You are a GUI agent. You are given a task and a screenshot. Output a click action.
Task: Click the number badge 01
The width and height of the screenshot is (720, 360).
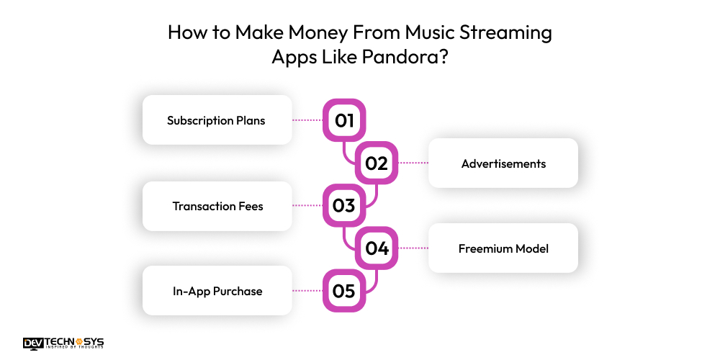pyautogui.click(x=344, y=120)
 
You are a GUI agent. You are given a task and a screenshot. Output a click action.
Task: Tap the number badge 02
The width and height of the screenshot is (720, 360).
pyautogui.click(x=376, y=163)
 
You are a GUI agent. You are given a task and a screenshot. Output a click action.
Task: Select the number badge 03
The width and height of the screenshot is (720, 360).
pyautogui.click(x=344, y=206)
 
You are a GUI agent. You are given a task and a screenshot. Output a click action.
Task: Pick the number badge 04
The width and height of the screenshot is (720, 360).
pyautogui.click(x=376, y=249)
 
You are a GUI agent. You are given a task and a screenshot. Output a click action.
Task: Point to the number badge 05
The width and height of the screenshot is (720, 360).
pyautogui.click(x=344, y=292)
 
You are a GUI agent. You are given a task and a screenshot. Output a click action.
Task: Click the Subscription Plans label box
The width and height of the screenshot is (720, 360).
pyautogui.click(x=217, y=120)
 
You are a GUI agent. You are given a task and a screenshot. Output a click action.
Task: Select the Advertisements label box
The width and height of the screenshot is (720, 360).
pyautogui.click(x=503, y=163)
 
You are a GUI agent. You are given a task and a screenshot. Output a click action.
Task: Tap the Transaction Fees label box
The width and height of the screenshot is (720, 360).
pyautogui.click(x=217, y=206)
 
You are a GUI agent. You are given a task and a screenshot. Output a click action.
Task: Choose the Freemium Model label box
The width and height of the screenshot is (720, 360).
pyautogui.click(x=503, y=248)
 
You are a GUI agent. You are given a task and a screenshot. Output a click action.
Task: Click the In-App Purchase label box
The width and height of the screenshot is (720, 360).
pyautogui.click(x=217, y=291)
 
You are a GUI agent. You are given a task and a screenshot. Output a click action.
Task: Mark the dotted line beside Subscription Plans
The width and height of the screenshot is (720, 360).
pyautogui.click(x=307, y=120)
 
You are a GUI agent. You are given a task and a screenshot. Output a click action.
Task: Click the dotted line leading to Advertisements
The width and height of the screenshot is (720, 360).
pyautogui.click(x=413, y=163)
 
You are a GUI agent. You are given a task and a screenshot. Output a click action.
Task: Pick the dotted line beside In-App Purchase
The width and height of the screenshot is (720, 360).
pyautogui.click(x=307, y=292)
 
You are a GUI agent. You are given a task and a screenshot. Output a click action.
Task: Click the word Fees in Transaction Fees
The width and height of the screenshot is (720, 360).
pyautogui.click(x=250, y=206)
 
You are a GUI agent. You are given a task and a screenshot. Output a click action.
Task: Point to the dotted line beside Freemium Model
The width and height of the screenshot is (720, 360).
pyautogui.click(x=413, y=249)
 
